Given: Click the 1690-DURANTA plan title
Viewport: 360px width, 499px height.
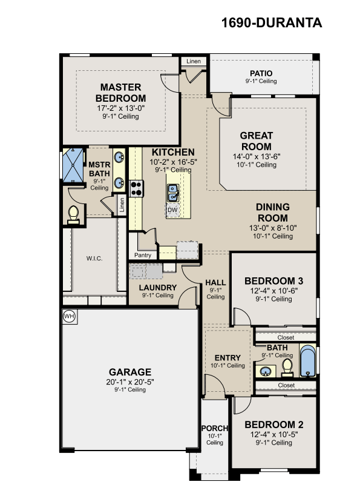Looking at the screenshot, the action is point(272,23).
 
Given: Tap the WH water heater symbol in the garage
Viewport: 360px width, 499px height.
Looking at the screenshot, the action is point(69,316).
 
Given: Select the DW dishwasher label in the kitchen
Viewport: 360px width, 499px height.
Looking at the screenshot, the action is point(172,210).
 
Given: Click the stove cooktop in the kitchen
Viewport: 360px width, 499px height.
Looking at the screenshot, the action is point(136,188).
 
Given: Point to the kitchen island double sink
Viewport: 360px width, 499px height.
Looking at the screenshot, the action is point(173,193).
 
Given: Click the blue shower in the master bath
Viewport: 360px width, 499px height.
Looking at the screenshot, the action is point(73,165).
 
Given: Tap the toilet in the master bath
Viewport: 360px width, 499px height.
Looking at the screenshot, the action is point(73,215).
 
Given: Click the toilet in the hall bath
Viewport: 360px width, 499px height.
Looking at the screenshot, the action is point(287,368).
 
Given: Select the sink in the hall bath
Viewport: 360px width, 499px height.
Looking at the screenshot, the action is point(266,371).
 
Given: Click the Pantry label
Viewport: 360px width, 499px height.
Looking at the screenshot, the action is point(143,255).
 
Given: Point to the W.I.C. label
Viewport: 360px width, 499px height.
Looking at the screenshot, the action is point(94,259).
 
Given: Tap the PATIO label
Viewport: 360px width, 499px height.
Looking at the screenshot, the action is point(261,73).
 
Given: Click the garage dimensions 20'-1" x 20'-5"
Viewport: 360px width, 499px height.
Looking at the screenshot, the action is point(130,382).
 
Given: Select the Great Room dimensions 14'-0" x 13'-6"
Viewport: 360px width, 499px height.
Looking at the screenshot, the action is point(257,156).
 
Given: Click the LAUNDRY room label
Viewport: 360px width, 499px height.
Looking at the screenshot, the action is point(158,288).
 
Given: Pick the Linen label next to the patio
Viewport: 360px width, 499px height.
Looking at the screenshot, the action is point(194,61).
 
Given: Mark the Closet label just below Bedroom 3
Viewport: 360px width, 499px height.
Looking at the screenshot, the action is point(286,337).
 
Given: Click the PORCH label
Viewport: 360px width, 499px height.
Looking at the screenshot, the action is point(215,428).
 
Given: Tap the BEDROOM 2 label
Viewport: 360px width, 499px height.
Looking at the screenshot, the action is point(274,425).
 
